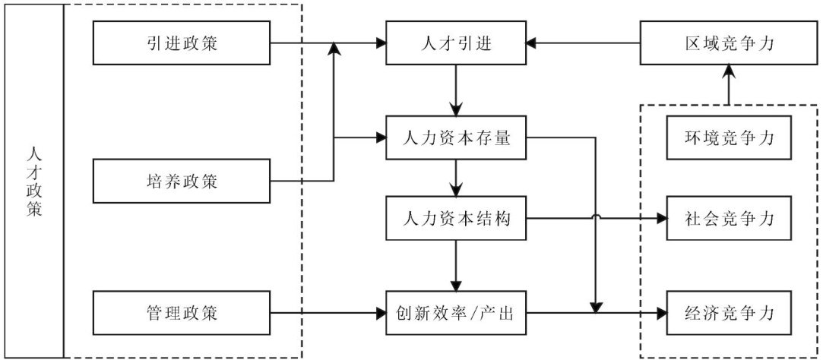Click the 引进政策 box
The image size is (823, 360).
coord(182,43)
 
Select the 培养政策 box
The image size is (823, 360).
coord(182,181)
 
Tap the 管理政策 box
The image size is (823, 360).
coord(182,314)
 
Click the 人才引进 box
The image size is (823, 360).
coord(456,43)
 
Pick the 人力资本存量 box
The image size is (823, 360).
coord(456,138)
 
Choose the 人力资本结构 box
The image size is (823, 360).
coord(456,217)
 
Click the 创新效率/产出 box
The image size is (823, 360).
coord(456,314)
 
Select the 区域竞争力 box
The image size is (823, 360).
coord(730,43)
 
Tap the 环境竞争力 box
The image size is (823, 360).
coord(730,138)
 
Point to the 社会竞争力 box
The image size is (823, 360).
coord(730,217)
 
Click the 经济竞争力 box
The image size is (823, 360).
coord(730,314)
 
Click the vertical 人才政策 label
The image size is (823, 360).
coord(33,181)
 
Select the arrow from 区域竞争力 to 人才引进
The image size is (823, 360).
coord(584,43)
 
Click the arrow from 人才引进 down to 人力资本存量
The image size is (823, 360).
coord(456,90)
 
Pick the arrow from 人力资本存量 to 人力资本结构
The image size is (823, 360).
coord(456,178)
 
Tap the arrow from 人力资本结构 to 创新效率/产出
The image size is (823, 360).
coord(456,266)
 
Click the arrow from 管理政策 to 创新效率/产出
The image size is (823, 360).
coord(328,314)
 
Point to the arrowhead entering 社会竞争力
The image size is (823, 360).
coord(660,217)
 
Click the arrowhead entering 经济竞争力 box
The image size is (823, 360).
coord(660,314)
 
